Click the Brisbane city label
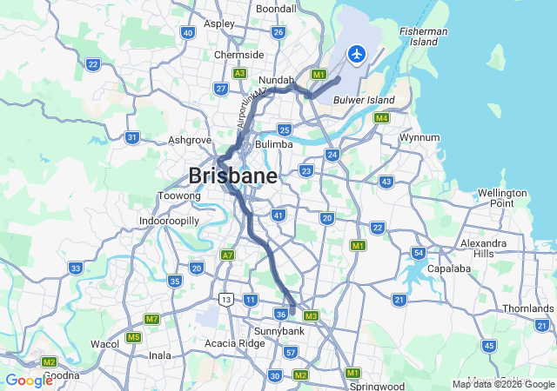point(232,176)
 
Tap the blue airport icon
point(356,54)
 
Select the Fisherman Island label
point(424,36)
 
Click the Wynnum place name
point(419,138)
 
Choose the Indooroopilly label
point(170,222)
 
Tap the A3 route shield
point(239,73)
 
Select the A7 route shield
point(228,255)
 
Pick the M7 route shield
point(151,319)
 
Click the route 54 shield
point(419,253)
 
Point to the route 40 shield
point(187,33)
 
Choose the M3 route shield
point(311,315)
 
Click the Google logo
point(29,381)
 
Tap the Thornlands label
point(527,308)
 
